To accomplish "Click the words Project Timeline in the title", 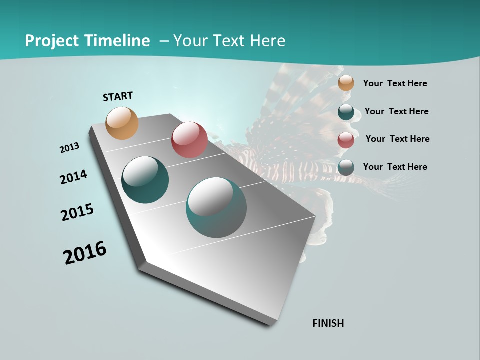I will pos(87,41).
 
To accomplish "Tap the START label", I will pos(118,96).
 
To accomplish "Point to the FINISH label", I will pos(328,323).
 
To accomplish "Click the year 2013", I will pos(69,148).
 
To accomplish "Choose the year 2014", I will pos(73,177).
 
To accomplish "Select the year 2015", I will pos(77,212).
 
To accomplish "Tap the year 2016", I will pos(85,253).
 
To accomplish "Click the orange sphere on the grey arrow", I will pos(122,123).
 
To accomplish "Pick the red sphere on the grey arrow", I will pos(189,140).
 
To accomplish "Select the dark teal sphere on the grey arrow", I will pos(145,180).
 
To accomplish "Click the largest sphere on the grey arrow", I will pos(216,207).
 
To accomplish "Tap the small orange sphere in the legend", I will pos(346,83).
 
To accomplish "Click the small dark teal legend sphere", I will pos(346,112).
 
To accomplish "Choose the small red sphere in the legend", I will pos(346,140).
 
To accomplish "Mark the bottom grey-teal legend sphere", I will pos(346,167).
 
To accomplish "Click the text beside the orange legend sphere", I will pos(395,84).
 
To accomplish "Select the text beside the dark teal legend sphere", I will pos(396,111).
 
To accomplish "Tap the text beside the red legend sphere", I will pos(397,139).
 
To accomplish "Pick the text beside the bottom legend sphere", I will pos(395,167).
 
